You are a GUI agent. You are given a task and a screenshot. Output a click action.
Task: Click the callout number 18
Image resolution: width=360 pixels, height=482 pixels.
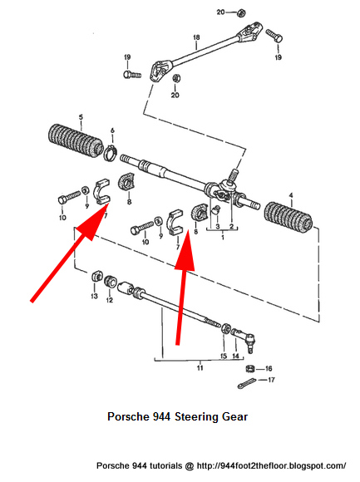[x=196, y=37]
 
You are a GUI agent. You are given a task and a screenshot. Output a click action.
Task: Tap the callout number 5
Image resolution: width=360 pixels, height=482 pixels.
[x=80, y=117]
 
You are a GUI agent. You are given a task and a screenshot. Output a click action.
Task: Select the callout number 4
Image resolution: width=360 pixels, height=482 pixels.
[x=291, y=195]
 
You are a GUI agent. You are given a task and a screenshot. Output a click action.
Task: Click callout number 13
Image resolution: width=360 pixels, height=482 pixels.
[x=94, y=297]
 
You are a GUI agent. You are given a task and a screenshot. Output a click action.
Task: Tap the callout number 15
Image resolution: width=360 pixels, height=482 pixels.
[x=223, y=355]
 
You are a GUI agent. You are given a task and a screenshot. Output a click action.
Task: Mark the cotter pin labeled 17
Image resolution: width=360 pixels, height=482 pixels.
[x=246, y=383]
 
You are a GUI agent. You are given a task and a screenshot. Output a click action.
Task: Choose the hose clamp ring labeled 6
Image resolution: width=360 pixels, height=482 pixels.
[x=109, y=151]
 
